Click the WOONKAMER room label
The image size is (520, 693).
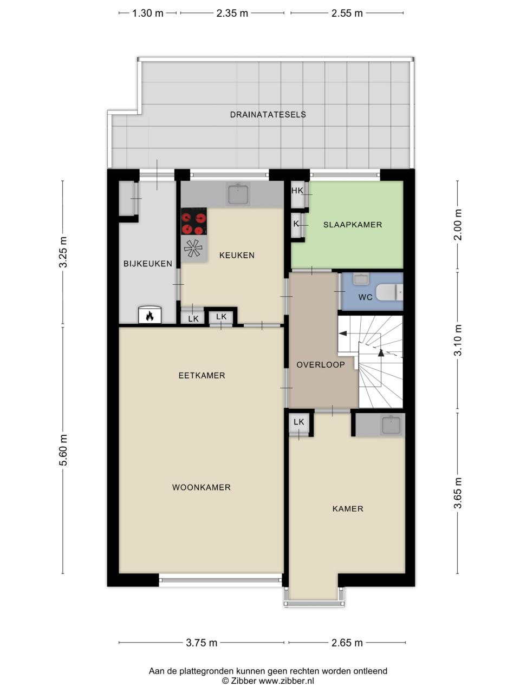(201, 487)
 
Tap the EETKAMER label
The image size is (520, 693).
(201, 375)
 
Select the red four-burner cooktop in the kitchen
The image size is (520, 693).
(193, 221)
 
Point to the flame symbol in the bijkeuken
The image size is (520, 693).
(149, 316)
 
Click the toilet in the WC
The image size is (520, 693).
(389, 292)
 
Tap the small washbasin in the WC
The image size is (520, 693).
(360, 279)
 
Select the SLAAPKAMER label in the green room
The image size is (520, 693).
(353, 225)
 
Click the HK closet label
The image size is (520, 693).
(297, 191)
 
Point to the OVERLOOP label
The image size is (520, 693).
(321, 365)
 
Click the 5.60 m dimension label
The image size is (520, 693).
(63, 450)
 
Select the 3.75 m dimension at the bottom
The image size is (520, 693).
(201, 643)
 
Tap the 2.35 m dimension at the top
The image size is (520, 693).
(232, 13)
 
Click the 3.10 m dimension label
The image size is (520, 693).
(458, 340)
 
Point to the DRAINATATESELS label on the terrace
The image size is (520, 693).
(268, 115)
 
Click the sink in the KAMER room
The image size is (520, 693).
(391, 424)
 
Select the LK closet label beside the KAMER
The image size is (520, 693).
(298, 422)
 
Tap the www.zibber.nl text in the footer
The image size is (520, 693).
(287, 681)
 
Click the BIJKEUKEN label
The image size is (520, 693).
(148, 264)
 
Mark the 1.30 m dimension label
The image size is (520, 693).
(147, 13)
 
